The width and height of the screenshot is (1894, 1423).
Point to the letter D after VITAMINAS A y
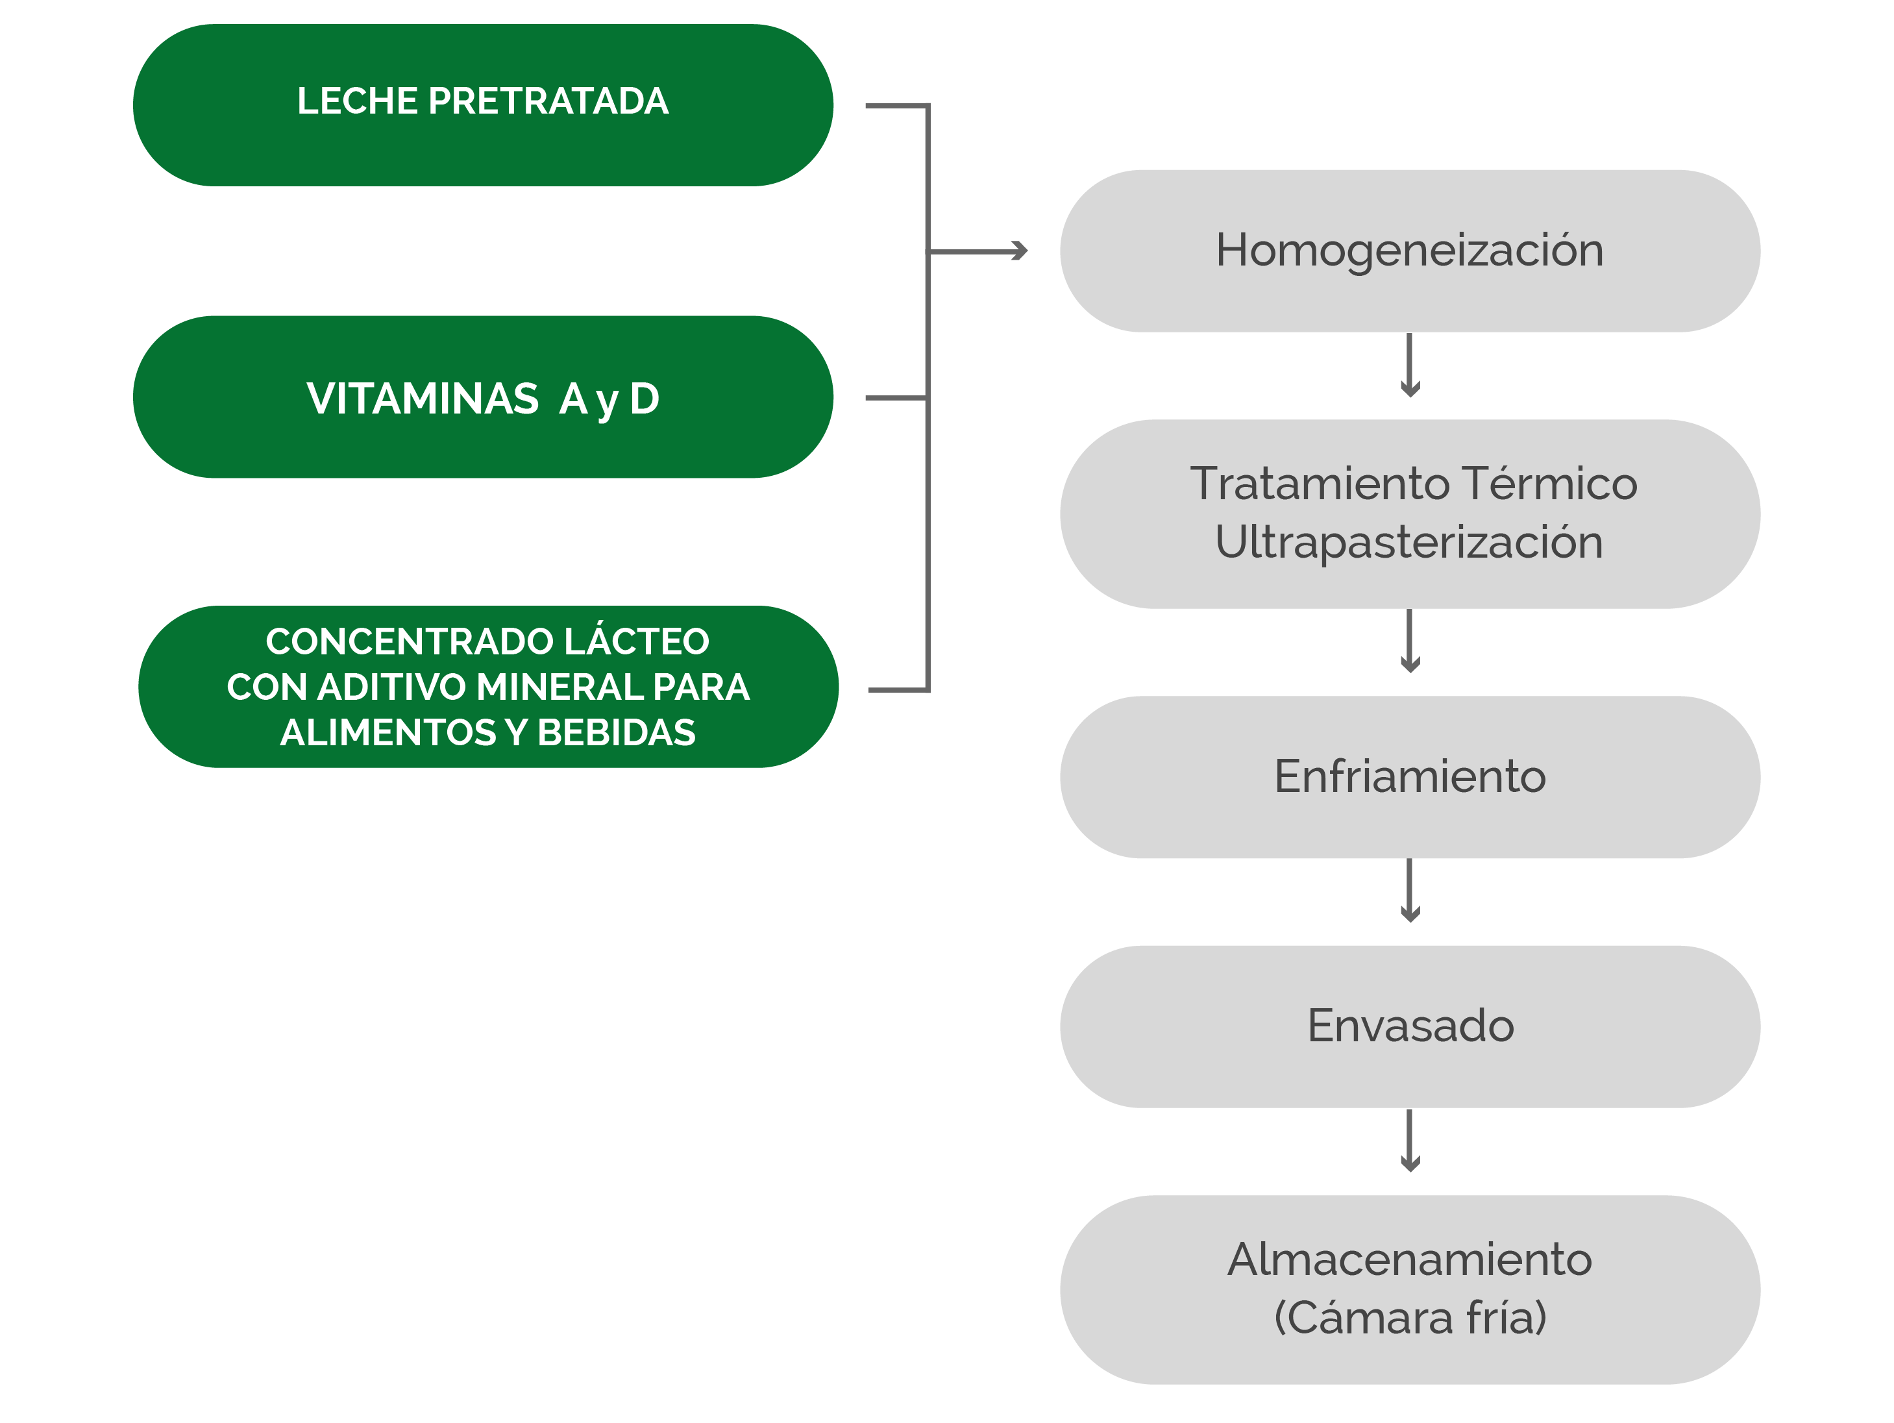[x=645, y=399]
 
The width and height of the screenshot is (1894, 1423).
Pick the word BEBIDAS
[x=617, y=732]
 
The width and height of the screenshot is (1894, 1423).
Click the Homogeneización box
[x=1409, y=251]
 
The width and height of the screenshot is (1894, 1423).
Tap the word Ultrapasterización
[x=1409, y=542]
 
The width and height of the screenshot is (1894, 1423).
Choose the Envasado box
[x=1409, y=1026]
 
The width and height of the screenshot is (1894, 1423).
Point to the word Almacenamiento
[x=1409, y=1259]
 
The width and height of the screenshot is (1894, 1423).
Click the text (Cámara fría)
[x=1409, y=1317]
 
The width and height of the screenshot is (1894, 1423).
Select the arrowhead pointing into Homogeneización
[x=1019, y=251]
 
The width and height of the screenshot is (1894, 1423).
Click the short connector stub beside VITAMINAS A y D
[x=896, y=398]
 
